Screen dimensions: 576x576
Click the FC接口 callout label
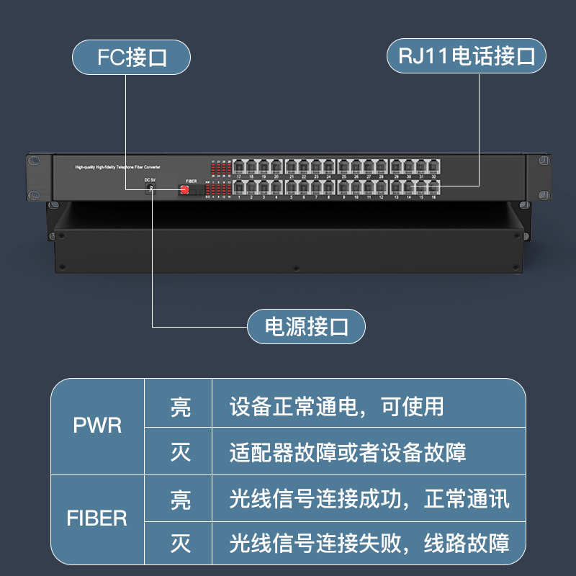pyautogui.click(x=132, y=58)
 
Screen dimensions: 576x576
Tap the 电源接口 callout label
pyautogui.click(x=307, y=328)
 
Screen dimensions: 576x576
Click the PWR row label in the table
pyautogui.click(x=98, y=425)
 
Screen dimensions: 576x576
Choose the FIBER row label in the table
pyautogui.click(x=97, y=518)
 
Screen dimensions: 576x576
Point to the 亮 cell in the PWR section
pyautogui.click(x=180, y=408)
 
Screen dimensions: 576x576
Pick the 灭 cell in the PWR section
pyautogui.click(x=180, y=452)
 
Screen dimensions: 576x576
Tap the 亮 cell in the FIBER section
pyautogui.click(x=180, y=499)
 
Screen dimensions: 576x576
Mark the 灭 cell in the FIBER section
pyautogui.click(x=180, y=543)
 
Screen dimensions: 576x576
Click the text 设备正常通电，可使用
pyautogui.click(x=337, y=407)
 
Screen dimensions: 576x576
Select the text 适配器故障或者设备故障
pyautogui.click(x=348, y=452)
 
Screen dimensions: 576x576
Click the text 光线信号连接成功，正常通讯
pyautogui.click(x=369, y=498)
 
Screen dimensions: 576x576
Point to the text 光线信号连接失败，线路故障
pyautogui.click(x=369, y=543)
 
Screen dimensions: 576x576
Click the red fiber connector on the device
pyautogui.click(x=184, y=189)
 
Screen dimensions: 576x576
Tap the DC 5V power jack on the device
pyautogui.click(x=150, y=188)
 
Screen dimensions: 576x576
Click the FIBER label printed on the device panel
pyautogui.click(x=192, y=181)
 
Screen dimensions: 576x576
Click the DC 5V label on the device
pyautogui.click(x=150, y=179)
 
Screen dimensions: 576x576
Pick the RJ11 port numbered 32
pyautogui.click(x=433, y=167)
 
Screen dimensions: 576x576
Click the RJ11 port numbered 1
pyautogui.click(x=238, y=188)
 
